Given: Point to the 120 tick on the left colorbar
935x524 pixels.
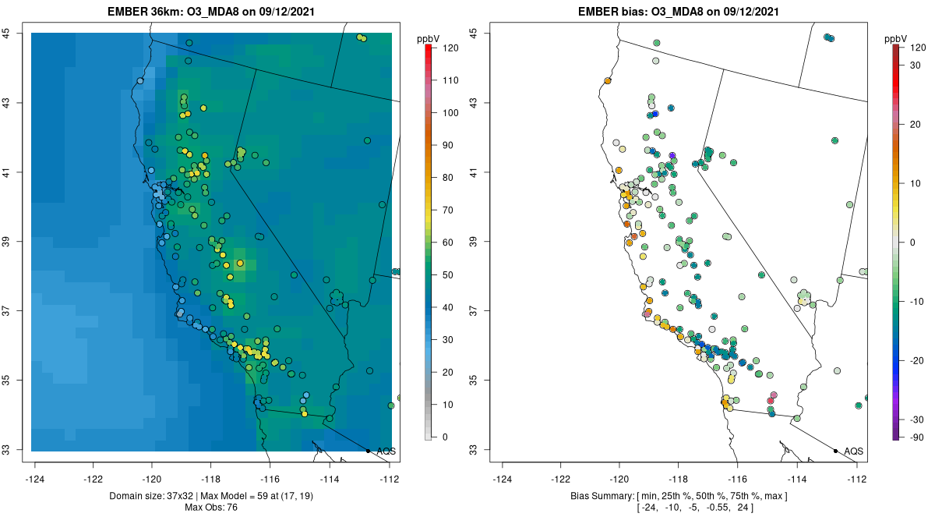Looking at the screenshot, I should coord(450,48).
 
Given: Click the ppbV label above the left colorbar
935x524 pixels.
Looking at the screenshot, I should coord(429,38).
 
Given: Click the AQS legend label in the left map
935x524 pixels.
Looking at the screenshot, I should coord(386,451).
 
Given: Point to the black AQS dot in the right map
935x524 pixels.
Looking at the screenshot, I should coord(835,451).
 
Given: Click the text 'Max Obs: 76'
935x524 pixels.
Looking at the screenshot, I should coord(212,508).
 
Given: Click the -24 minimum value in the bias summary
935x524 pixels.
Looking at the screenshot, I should coord(625,508).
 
